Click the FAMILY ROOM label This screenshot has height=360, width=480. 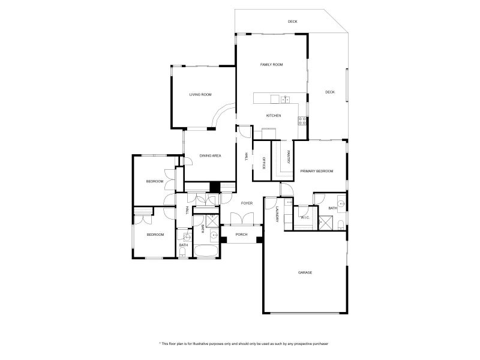[x=272, y=65]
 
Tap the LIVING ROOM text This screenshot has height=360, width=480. [x=200, y=95]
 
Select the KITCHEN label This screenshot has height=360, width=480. [x=274, y=116]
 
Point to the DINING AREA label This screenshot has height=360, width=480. [x=210, y=156]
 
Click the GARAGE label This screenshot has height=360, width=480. [x=305, y=272]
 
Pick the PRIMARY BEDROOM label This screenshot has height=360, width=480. [x=317, y=171]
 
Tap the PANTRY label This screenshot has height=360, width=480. [x=289, y=157]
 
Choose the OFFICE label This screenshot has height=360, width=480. [x=263, y=163]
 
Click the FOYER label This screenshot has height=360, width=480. [x=247, y=203]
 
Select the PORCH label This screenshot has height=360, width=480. [x=241, y=235]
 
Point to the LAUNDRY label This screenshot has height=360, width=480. [x=277, y=214]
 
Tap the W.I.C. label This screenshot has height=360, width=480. [x=305, y=218]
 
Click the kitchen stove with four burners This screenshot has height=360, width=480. [x=302, y=121]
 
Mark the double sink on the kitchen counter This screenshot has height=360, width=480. [x=286, y=100]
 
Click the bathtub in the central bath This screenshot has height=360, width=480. [x=206, y=251]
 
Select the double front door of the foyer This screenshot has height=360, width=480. [x=242, y=219]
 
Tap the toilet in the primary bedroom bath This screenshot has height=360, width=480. [x=341, y=225]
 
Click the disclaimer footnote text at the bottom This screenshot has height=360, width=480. [x=244, y=344]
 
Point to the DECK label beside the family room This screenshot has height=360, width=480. [x=329, y=92]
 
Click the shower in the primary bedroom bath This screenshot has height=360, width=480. [x=325, y=223]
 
